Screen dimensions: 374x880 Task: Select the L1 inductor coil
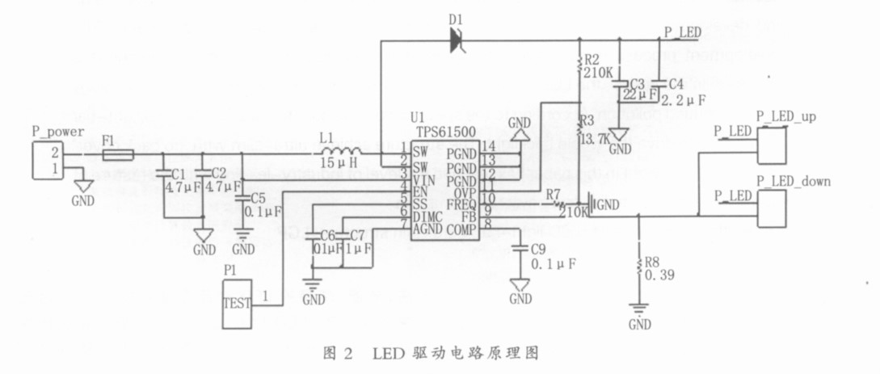[x=339, y=153]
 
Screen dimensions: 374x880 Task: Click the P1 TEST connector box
[x=238, y=304]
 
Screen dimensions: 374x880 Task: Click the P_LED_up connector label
[x=785, y=117]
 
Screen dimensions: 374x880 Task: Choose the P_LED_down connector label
[x=793, y=181]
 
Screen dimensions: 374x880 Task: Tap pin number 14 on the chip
[x=488, y=146]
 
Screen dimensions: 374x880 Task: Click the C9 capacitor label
[x=539, y=249]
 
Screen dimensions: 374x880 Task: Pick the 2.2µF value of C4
[x=684, y=100]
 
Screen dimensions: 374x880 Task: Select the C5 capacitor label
[x=257, y=197]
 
